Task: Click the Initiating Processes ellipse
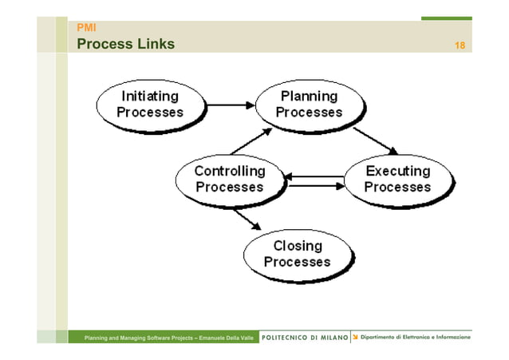(x=149, y=104)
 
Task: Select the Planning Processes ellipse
(x=309, y=104)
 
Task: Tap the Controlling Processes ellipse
(x=230, y=179)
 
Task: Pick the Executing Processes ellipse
(x=397, y=179)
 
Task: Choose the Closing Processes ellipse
(x=297, y=253)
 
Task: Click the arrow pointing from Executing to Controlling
(x=315, y=176)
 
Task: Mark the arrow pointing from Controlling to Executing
(x=315, y=186)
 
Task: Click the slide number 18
(x=460, y=45)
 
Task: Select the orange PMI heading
(x=85, y=28)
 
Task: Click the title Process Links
(x=125, y=44)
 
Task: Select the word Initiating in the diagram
(x=149, y=96)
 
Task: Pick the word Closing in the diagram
(x=297, y=245)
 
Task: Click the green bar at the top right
(x=446, y=18)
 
